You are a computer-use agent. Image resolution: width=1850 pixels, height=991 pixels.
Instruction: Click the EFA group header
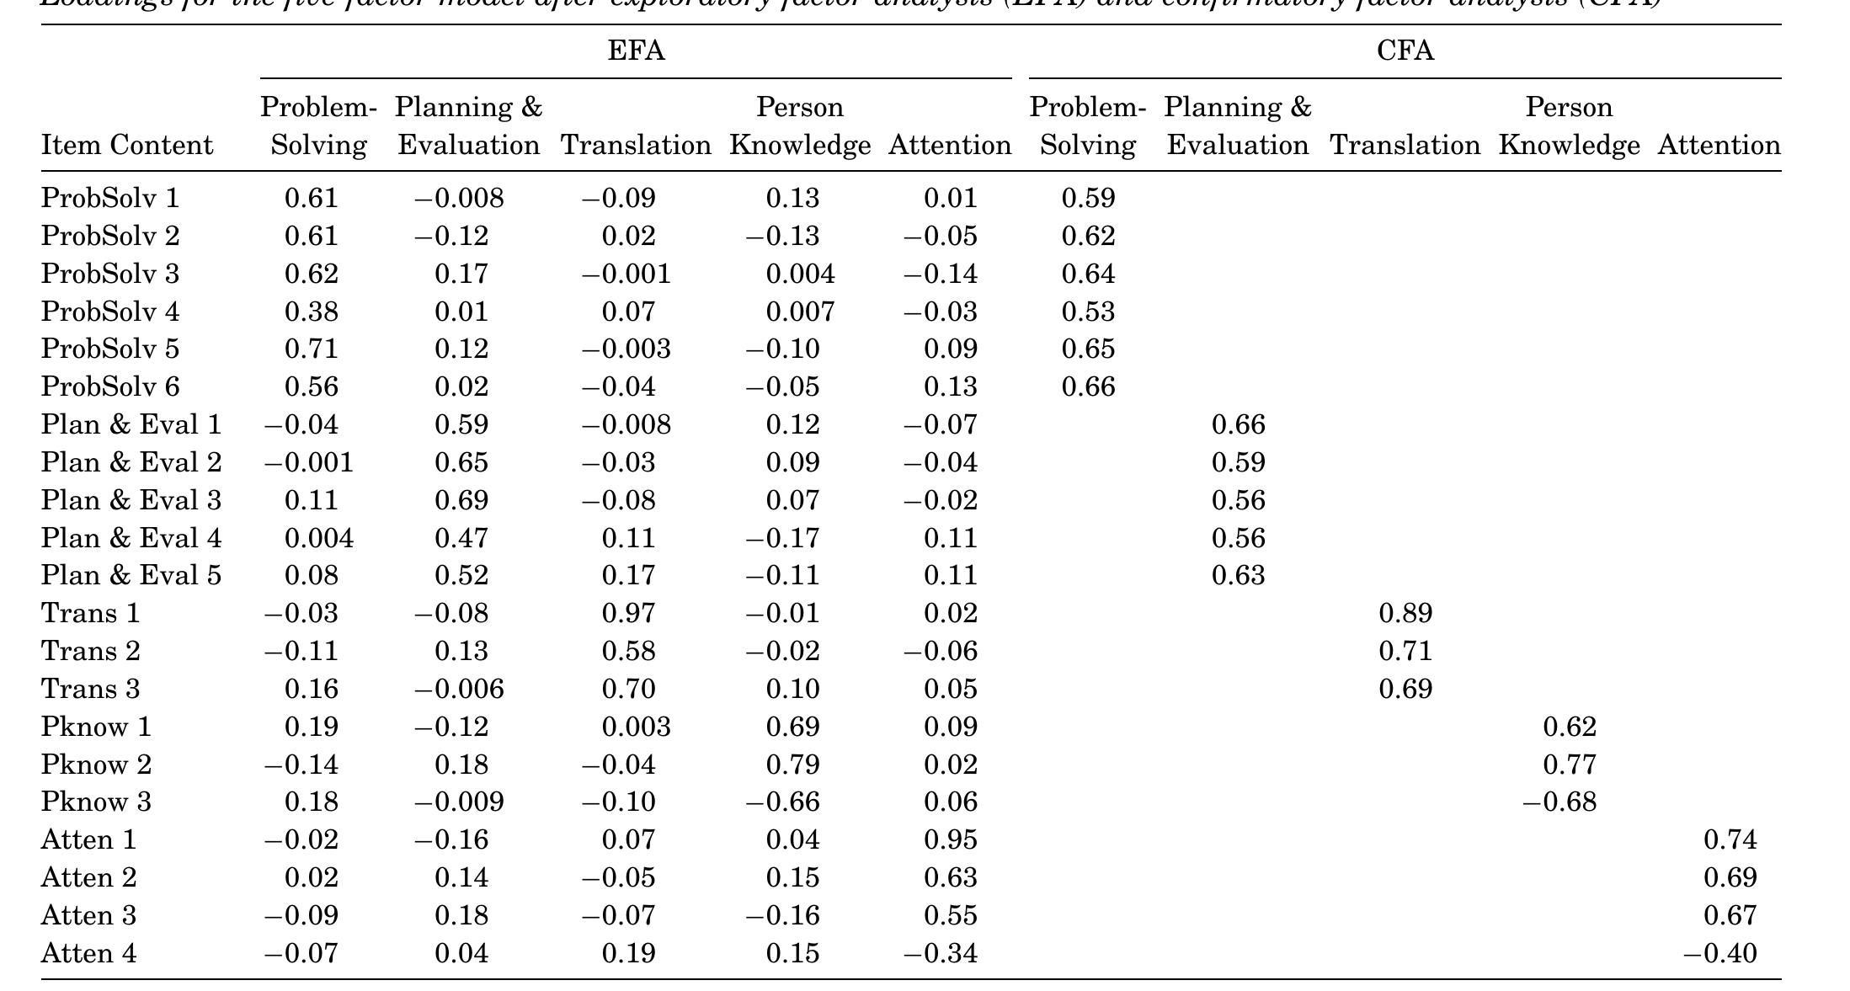pyautogui.click(x=636, y=51)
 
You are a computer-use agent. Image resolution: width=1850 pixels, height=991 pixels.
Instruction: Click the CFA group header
pyautogui.click(x=1405, y=51)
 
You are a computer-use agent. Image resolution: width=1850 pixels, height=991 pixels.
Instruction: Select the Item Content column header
pyautogui.click(x=127, y=146)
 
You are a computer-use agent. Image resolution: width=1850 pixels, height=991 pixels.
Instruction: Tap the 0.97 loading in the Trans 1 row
pyautogui.click(x=628, y=613)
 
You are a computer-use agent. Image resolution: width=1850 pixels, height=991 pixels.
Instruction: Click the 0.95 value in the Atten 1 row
pyautogui.click(x=950, y=839)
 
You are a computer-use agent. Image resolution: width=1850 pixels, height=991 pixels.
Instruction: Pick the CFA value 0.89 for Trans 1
pyautogui.click(x=1405, y=613)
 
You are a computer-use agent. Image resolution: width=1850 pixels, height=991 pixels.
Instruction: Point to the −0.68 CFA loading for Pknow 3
pyautogui.click(x=1559, y=802)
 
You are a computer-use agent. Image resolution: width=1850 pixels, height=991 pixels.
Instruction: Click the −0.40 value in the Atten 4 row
pyautogui.click(x=1719, y=953)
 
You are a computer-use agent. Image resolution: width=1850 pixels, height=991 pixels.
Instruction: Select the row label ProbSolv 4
pyautogui.click(x=110, y=312)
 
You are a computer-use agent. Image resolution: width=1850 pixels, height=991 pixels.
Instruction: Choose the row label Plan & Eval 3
pyautogui.click(x=131, y=500)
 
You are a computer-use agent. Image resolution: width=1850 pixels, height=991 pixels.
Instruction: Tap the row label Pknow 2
pyautogui.click(x=96, y=765)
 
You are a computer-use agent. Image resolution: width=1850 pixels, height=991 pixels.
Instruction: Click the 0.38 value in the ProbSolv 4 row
pyautogui.click(x=311, y=312)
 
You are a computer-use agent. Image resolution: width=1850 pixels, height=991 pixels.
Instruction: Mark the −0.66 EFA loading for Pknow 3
pyautogui.click(x=782, y=802)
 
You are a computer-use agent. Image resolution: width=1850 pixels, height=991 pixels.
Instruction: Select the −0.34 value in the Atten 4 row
pyautogui.click(x=941, y=953)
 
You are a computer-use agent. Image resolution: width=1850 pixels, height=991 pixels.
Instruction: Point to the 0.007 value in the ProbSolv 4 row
pyautogui.click(x=800, y=312)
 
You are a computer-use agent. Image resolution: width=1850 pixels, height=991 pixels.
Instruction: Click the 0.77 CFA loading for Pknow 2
pyautogui.click(x=1569, y=765)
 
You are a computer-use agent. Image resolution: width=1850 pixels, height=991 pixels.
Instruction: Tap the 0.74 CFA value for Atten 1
pyautogui.click(x=1730, y=839)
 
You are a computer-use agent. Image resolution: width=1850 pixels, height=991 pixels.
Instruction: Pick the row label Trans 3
pyautogui.click(x=90, y=689)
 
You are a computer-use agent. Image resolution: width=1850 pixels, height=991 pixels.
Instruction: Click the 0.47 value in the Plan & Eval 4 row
pyautogui.click(x=461, y=538)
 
